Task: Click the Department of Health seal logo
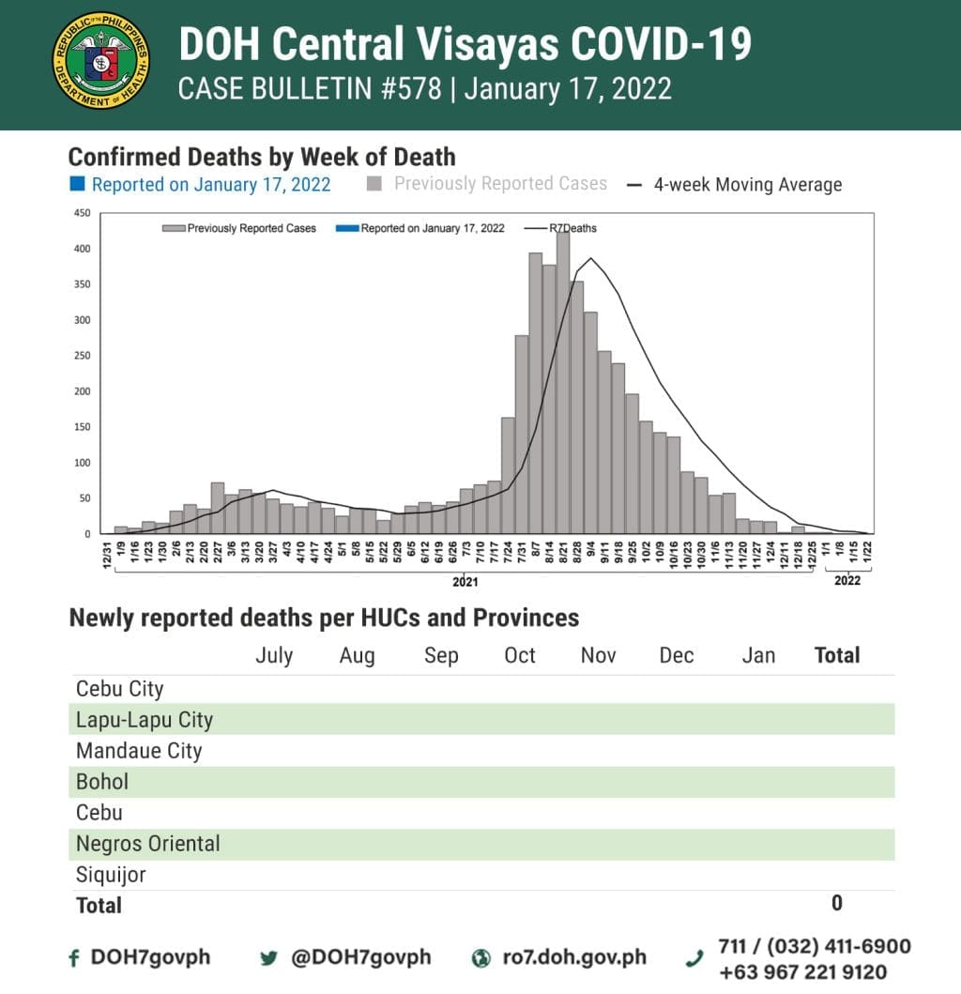pyautogui.click(x=101, y=61)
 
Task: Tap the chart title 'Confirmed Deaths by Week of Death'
pyautogui.click(x=262, y=156)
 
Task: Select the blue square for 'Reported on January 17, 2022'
pyautogui.click(x=77, y=184)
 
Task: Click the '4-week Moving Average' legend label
pyautogui.click(x=747, y=185)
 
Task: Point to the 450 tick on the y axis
pyautogui.click(x=82, y=214)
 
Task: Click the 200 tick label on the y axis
pyautogui.click(x=82, y=391)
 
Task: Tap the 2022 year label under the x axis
pyautogui.click(x=847, y=581)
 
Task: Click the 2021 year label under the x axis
pyautogui.click(x=465, y=582)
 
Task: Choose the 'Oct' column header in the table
pyautogui.click(x=520, y=655)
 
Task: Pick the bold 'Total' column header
pyautogui.click(x=837, y=655)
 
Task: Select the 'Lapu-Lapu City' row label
pyautogui.click(x=145, y=720)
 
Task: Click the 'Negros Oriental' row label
pyautogui.click(x=148, y=844)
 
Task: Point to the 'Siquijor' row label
pyautogui.click(x=111, y=875)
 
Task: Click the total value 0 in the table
pyautogui.click(x=836, y=903)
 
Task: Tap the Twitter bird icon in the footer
pyautogui.click(x=269, y=958)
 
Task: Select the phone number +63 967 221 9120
pyautogui.click(x=802, y=972)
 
